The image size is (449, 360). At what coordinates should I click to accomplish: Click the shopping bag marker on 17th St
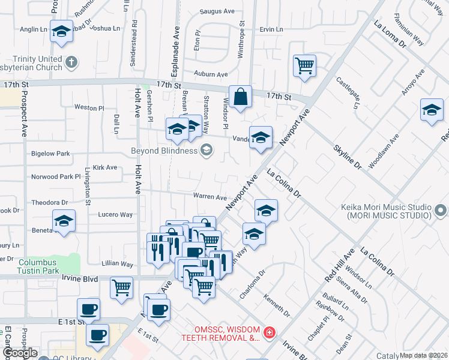coord(240,97)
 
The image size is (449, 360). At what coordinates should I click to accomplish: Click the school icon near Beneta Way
coord(64,221)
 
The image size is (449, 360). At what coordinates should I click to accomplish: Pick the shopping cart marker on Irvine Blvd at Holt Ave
coord(121,288)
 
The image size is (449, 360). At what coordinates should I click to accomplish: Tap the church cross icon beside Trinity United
coord(71,62)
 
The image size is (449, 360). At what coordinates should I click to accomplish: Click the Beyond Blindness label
coord(164,150)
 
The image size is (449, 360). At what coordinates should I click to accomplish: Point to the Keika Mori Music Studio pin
coord(441,210)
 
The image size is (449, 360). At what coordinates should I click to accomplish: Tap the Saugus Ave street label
coord(220,11)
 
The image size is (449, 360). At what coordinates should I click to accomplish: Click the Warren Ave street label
coord(209,197)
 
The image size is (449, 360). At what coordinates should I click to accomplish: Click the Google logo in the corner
coord(19,353)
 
